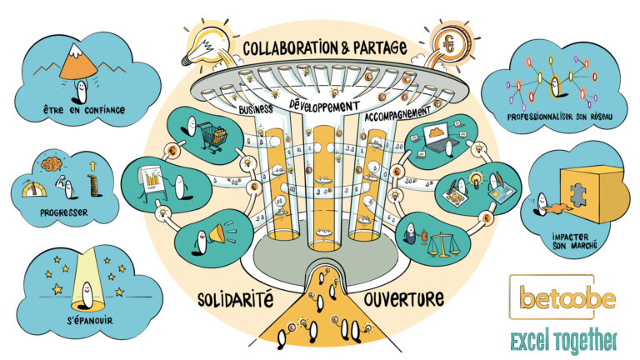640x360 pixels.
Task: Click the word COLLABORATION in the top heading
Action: [x=291, y=47]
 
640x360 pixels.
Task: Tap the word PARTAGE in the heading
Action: [x=379, y=47]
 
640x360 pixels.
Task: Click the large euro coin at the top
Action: [x=449, y=43]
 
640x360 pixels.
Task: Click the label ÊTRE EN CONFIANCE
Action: [x=84, y=110]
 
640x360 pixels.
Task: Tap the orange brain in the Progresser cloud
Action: [x=52, y=163]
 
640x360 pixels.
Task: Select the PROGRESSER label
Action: [x=64, y=212]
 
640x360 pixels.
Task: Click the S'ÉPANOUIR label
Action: [x=90, y=321]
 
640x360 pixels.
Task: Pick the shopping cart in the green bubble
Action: [x=212, y=137]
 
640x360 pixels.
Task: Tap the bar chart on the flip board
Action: [x=152, y=179]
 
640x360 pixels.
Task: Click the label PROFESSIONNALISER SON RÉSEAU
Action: [x=560, y=117]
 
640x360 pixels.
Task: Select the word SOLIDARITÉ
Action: [x=235, y=300]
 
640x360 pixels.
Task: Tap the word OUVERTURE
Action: [x=403, y=299]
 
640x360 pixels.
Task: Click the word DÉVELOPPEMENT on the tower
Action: [x=324, y=105]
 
